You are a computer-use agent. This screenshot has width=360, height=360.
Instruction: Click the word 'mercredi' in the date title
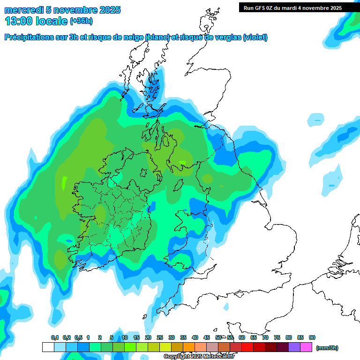(21, 10)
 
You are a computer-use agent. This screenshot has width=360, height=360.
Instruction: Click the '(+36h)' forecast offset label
(81, 21)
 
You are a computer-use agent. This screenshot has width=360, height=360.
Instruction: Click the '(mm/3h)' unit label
(327, 348)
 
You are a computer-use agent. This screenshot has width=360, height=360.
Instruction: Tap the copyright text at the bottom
(199, 356)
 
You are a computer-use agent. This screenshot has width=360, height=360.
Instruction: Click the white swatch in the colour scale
(48, 347)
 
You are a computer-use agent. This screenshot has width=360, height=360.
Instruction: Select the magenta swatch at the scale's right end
(306, 347)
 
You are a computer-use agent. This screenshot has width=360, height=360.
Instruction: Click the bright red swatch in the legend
(247, 347)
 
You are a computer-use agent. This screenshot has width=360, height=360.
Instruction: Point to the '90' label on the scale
(312, 337)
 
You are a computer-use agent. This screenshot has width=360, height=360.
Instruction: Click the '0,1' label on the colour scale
(55, 337)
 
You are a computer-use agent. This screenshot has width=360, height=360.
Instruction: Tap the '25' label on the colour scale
(160, 337)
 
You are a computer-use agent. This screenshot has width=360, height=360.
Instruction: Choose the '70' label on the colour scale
(265, 337)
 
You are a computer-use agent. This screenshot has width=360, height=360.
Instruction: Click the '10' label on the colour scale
(125, 337)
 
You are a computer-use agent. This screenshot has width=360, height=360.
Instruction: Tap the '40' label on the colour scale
(195, 337)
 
